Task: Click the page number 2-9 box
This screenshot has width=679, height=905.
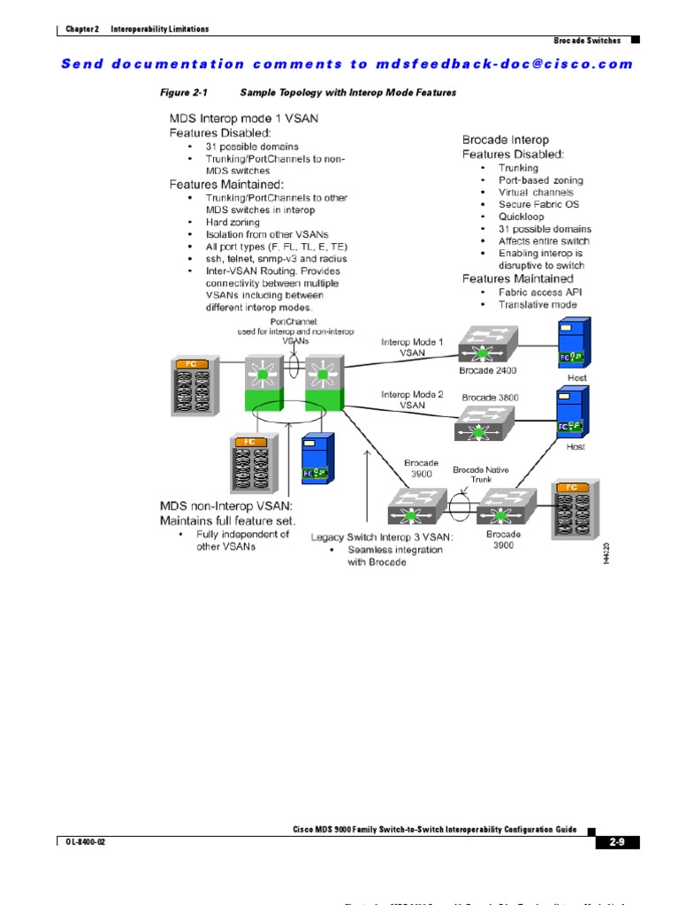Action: [x=616, y=841]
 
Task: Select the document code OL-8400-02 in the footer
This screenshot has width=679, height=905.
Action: [x=86, y=841]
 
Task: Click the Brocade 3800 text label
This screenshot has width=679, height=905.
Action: [x=490, y=398]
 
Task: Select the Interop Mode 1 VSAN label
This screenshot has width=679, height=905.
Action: [x=412, y=346]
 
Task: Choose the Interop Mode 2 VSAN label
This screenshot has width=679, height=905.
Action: [x=412, y=399]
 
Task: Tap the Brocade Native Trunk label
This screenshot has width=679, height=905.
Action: [x=481, y=475]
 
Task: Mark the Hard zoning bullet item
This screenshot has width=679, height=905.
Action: [x=233, y=223]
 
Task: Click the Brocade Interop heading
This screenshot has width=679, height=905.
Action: [x=505, y=140]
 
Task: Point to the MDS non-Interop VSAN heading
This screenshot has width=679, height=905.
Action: [x=225, y=506]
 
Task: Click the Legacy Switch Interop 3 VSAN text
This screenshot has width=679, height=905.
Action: [x=382, y=536]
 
